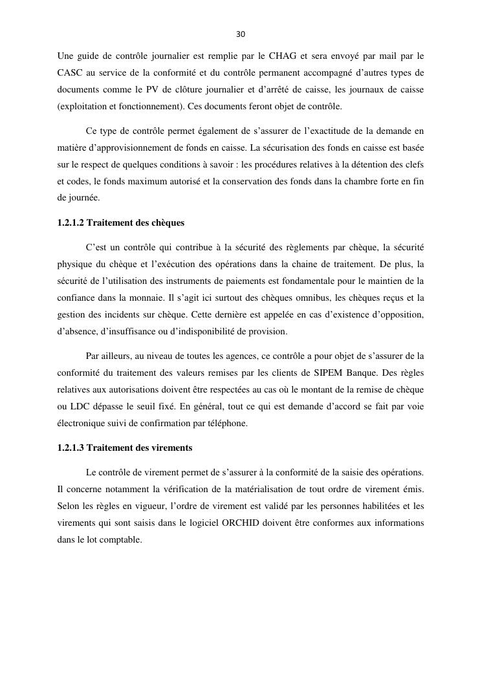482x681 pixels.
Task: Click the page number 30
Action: coord(241,34)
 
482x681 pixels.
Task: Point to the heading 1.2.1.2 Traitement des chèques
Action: coord(121,222)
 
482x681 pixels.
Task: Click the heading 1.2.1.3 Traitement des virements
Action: coord(125,448)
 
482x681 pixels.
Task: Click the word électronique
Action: coord(82,423)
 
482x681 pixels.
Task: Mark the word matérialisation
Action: coord(267,489)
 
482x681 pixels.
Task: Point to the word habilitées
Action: coord(377,506)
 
